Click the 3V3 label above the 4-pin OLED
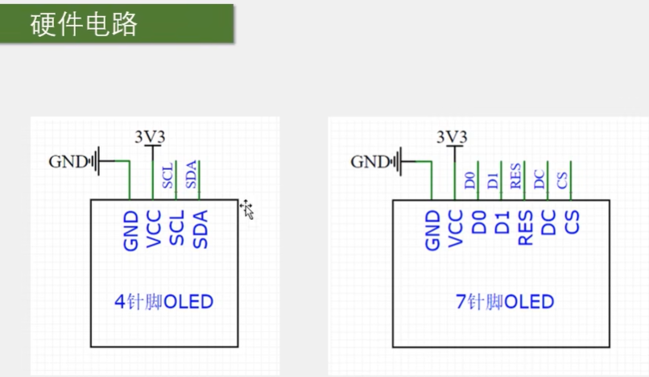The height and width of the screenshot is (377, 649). [150, 138]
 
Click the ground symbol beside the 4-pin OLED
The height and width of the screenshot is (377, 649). [97, 162]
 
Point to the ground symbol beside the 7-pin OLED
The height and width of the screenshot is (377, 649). [399, 162]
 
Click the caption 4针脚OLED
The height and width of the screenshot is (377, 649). [164, 302]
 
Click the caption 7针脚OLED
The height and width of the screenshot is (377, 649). [505, 302]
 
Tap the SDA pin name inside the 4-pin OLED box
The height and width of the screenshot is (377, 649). [200, 229]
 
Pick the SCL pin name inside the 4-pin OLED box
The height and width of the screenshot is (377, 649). [177, 229]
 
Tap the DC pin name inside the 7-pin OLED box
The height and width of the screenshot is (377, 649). [549, 222]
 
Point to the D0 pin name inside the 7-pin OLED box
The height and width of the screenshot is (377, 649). [479, 222]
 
